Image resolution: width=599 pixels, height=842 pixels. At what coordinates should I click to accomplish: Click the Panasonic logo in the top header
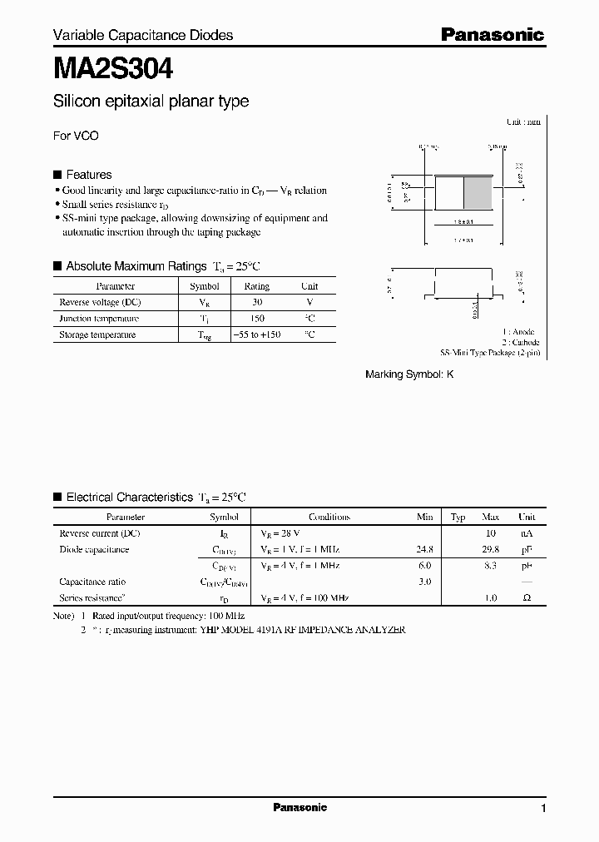coord(492,34)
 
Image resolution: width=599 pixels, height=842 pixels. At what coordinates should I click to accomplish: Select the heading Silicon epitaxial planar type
coord(151,102)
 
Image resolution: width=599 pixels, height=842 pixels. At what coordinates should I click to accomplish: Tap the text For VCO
coord(76,136)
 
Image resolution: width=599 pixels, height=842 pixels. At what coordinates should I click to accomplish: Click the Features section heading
coord(88,175)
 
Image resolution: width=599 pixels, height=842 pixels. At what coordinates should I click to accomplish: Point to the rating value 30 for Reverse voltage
coord(256,302)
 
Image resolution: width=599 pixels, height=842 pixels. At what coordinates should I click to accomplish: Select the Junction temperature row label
coord(99,319)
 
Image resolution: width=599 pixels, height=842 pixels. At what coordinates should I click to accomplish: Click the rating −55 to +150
coord(256,334)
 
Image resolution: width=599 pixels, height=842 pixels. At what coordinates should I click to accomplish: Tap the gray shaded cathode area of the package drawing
coord(478,194)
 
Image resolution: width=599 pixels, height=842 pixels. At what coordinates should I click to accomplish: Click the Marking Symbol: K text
coord(409,374)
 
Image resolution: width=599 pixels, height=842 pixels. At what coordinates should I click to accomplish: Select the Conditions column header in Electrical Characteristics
coord(329,517)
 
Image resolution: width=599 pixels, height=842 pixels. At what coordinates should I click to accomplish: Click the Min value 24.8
coord(424,549)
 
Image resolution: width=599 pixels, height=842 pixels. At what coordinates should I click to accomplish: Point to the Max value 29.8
coord(490,549)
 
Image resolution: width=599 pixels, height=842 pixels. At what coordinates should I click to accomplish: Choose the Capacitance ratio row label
coord(92,582)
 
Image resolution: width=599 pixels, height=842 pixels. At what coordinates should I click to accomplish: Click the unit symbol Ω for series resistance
coord(527,598)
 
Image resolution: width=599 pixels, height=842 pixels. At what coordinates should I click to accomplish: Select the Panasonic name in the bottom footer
coord(299,808)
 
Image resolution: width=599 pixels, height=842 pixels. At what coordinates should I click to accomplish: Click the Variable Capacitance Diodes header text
coord(143,35)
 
